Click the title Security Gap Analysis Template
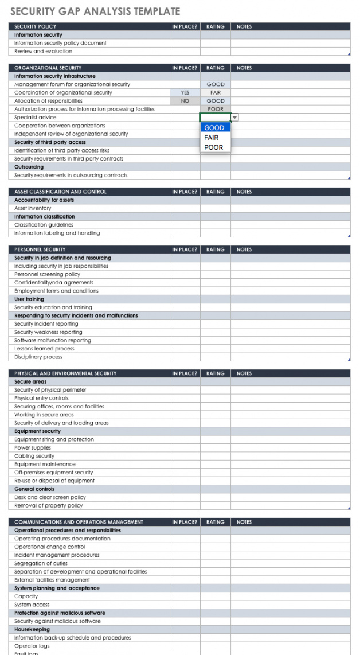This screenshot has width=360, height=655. (x=95, y=11)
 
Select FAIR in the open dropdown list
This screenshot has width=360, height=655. (x=212, y=138)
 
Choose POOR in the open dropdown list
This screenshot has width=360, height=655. (x=213, y=147)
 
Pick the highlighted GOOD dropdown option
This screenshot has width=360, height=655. (x=214, y=128)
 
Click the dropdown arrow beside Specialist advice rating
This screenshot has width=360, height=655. (x=234, y=118)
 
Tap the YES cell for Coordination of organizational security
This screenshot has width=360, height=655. (x=185, y=92)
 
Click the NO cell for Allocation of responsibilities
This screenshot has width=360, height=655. (x=185, y=101)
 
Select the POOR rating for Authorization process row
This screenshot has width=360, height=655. (x=216, y=109)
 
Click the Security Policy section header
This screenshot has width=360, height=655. (x=36, y=26)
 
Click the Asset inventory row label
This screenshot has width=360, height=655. (x=33, y=208)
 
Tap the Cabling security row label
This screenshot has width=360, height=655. (x=34, y=456)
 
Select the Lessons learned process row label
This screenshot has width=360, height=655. (x=44, y=349)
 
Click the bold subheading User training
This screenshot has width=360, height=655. (x=29, y=299)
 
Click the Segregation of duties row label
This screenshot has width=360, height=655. (x=41, y=563)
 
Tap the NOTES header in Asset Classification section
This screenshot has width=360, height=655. (x=244, y=192)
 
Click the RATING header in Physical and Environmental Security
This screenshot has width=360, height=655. (x=216, y=373)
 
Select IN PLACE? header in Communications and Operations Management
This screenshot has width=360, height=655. (x=185, y=522)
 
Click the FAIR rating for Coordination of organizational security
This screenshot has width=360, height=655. (x=216, y=92)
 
